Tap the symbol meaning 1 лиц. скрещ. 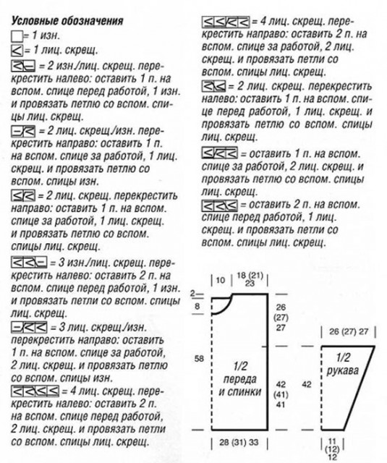pos(17,50)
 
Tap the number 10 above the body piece pos(221,280)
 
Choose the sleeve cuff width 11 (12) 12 pos(333,449)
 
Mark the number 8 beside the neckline pos(196,307)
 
